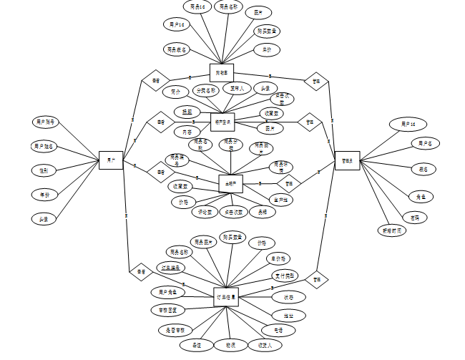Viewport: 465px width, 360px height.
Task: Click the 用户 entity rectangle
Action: pos(110,161)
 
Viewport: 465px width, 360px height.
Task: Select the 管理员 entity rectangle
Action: pos(347,160)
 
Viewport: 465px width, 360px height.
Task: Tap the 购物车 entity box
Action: pos(222,72)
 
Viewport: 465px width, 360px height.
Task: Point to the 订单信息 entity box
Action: pos(227,296)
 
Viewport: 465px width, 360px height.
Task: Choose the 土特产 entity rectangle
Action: pos(230,184)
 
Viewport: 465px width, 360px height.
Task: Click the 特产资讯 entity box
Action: pos(223,122)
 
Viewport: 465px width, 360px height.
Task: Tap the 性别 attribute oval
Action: pos(44,170)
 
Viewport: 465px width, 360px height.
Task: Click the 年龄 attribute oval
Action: pos(44,195)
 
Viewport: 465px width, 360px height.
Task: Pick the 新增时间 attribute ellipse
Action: pos(391,230)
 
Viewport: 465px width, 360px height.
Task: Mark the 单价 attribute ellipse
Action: pos(267,50)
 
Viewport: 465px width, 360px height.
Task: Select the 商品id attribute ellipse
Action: pos(197,7)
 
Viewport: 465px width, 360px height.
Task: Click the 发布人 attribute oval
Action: pos(236,89)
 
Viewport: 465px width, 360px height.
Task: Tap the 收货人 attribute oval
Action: pos(260,346)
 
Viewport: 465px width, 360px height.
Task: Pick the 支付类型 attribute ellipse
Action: pos(284,275)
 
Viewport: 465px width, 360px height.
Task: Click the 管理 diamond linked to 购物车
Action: pos(315,81)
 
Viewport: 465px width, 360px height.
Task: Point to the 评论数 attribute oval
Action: pos(205,211)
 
